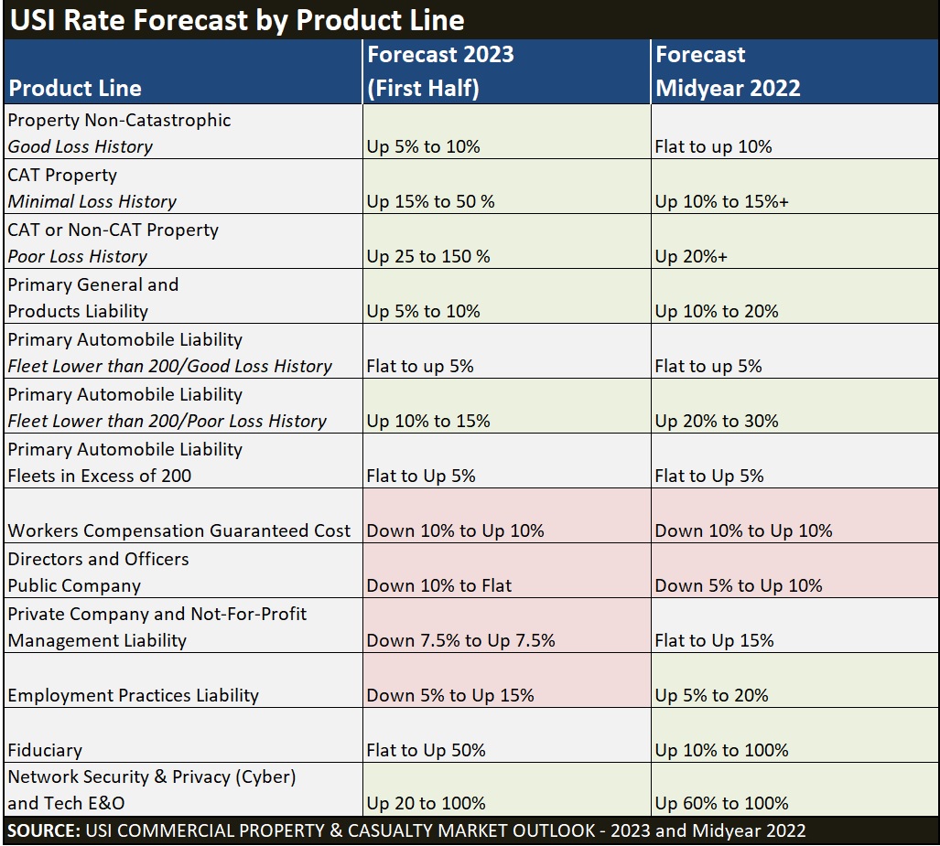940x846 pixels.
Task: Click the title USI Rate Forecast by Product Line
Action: pos(237,20)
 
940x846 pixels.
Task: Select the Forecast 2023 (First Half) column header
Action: pos(440,70)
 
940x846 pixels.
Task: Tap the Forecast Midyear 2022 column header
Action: pos(728,70)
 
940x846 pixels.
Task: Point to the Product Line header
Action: pos(75,88)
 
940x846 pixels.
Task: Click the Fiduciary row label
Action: pos(45,750)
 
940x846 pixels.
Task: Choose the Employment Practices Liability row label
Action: pos(134,695)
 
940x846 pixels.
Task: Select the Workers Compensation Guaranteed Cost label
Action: pos(179,530)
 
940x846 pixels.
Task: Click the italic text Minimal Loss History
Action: pos(92,201)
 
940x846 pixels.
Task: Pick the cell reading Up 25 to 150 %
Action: pos(428,256)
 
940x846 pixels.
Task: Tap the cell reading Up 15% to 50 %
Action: pos(430,201)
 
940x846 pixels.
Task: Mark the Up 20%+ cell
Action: pos(691,256)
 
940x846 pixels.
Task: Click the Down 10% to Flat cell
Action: pos(439,585)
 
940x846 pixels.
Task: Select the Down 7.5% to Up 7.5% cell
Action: pos(460,640)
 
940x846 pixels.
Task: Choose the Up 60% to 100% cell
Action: pos(721,803)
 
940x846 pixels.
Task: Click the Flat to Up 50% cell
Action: pos(426,750)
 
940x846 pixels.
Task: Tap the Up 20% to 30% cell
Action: pos(717,421)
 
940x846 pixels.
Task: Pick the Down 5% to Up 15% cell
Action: pos(450,695)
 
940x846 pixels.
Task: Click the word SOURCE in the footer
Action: pos(43,830)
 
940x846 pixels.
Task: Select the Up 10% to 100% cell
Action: pos(721,750)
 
